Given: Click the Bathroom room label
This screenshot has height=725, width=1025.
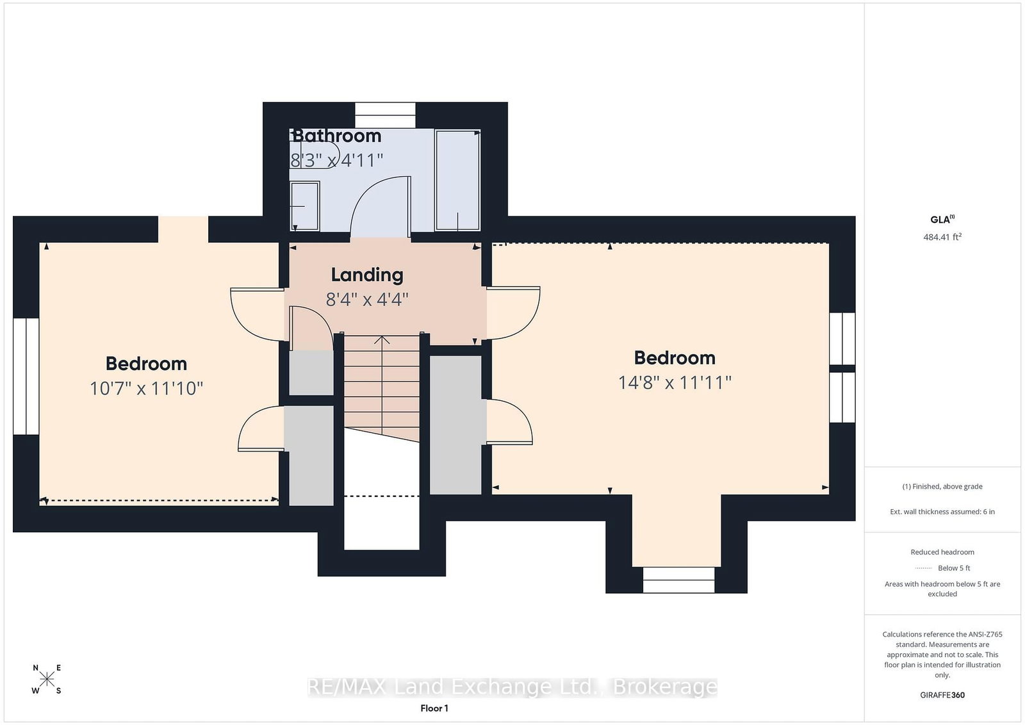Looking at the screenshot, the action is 337,136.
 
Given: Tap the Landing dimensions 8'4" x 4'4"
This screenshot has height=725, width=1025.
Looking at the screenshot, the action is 367,300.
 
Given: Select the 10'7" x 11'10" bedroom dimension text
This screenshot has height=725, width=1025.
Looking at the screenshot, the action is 147,388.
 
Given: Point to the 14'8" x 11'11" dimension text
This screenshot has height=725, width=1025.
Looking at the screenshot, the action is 675,382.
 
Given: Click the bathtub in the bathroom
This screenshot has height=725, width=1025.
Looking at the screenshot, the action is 457,180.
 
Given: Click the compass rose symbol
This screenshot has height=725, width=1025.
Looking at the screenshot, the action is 47,679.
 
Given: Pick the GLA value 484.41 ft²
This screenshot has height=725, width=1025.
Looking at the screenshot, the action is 942,237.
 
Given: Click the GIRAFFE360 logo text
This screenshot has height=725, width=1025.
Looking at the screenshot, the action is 942,695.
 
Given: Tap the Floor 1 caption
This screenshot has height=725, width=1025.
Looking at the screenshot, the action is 434,708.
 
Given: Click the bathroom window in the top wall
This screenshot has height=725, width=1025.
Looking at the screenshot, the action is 385,115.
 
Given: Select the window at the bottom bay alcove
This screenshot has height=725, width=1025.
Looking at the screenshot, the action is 678,580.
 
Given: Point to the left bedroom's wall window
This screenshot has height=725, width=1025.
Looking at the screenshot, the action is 26,376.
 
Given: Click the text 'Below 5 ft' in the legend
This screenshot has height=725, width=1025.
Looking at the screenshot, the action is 954,567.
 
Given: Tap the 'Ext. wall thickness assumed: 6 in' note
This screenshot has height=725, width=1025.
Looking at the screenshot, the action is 942,511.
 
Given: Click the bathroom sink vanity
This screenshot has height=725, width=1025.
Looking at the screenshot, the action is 305,206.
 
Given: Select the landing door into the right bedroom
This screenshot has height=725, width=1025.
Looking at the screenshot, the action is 513,313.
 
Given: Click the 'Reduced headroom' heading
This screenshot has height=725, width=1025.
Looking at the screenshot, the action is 942,551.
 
